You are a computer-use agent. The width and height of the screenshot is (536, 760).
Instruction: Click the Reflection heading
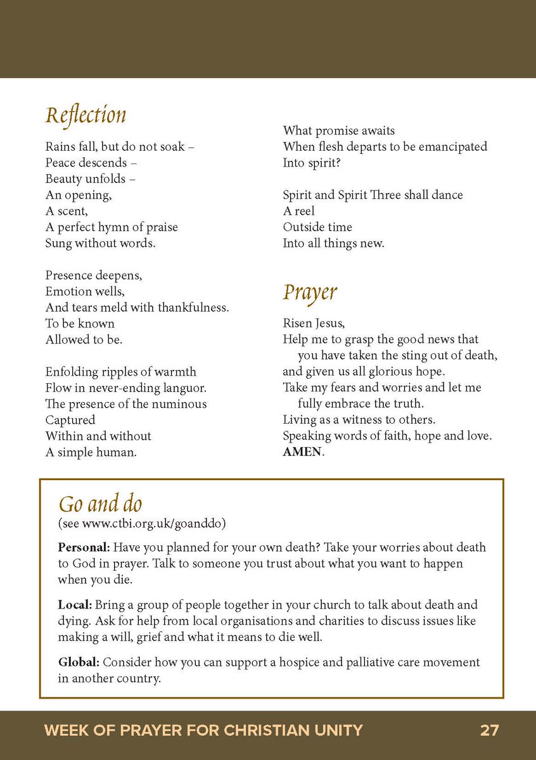(86, 115)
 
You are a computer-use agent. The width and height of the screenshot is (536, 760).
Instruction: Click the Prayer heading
(310, 292)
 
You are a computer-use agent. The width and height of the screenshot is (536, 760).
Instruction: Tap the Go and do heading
(100, 504)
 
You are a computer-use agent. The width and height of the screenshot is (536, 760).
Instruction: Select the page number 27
(489, 730)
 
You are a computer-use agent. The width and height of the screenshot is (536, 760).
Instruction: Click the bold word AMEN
(302, 452)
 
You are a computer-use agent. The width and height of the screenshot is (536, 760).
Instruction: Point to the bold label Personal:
(84, 547)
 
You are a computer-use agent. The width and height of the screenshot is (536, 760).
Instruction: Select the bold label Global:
(79, 662)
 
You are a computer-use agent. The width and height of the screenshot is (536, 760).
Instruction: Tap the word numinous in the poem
(181, 404)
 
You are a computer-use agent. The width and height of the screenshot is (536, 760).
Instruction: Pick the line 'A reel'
(298, 211)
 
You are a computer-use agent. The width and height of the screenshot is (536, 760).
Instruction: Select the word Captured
(70, 420)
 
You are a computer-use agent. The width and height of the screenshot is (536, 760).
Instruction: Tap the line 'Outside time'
(317, 227)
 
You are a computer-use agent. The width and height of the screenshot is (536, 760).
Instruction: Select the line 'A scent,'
(67, 211)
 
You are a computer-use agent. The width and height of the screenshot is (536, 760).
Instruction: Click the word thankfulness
(193, 307)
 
